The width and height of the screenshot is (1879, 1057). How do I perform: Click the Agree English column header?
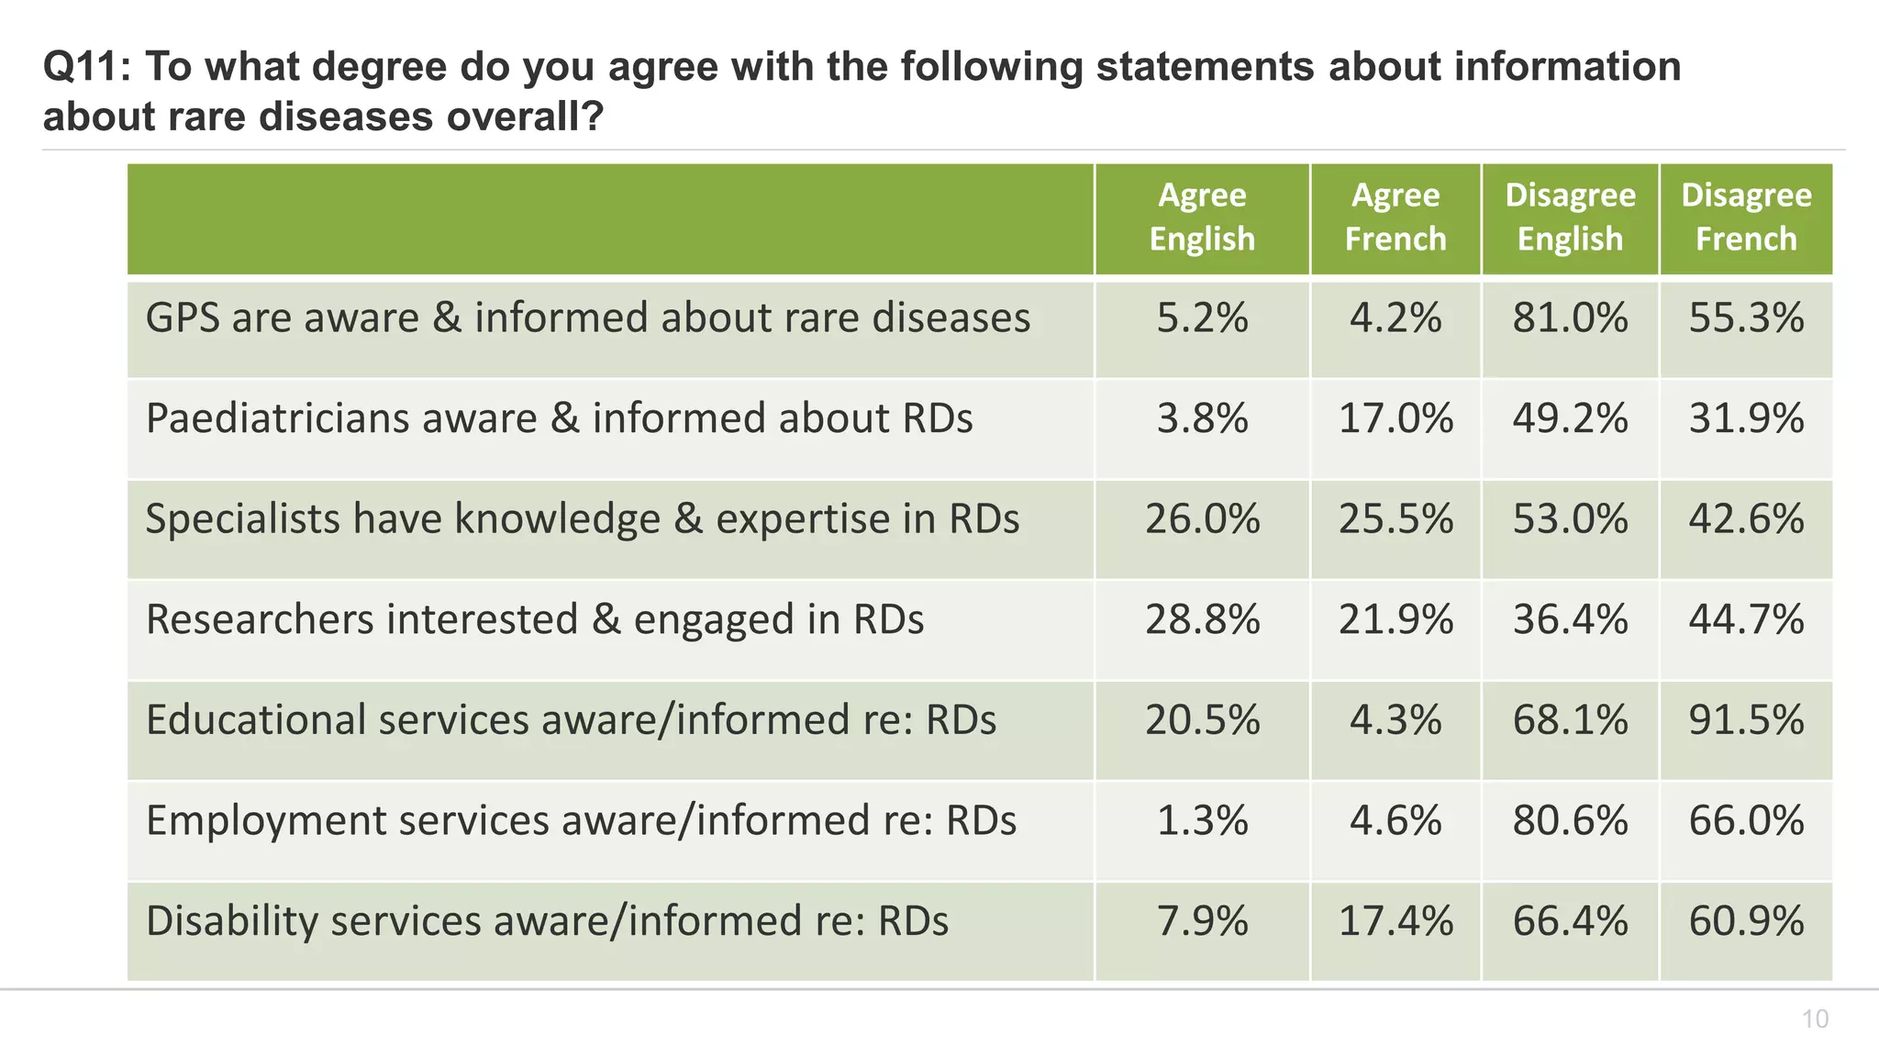point(1202,217)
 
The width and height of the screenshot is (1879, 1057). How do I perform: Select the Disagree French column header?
point(1746,217)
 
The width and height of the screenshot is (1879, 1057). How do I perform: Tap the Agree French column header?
point(1395,217)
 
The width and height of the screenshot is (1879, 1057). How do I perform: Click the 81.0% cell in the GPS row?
point(1570,318)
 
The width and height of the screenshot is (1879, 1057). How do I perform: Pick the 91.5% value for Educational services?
point(1746,720)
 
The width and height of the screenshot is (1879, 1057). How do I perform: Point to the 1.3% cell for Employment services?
point(1202,820)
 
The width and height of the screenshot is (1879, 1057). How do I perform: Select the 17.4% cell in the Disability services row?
point(1395,921)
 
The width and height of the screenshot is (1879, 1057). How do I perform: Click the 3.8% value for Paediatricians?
point(1202,418)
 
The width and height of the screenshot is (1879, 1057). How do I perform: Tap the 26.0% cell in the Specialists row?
point(1202,519)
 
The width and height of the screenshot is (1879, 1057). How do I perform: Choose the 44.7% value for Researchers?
point(1746,619)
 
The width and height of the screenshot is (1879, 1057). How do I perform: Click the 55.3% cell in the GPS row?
point(1746,318)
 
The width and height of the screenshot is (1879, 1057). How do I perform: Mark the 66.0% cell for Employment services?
point(1746,820)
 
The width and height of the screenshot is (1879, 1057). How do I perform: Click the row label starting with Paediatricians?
point(559,418)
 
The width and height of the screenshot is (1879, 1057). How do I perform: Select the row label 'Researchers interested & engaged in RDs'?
point(535,619)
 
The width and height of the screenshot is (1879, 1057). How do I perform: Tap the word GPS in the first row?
point(183,318)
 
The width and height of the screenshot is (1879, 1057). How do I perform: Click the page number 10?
point(1815,1019)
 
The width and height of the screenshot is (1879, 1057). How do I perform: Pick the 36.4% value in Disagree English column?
point(1570,619)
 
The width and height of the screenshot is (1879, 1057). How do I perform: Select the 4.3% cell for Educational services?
point(1395,720)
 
